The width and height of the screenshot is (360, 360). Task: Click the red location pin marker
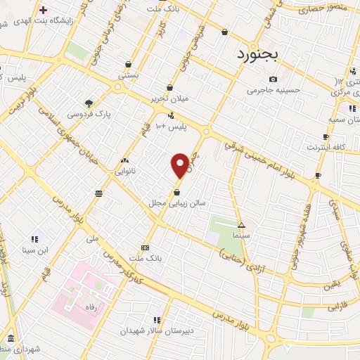coord(180,165)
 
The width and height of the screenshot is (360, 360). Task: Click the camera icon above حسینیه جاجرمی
coord(273,79)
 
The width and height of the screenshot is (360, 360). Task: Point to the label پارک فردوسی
coord(89,113)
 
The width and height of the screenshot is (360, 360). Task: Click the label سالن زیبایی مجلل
coord(176,202)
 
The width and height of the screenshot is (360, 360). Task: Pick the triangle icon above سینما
coord(242,226)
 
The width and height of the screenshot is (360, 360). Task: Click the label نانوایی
coord(127,171)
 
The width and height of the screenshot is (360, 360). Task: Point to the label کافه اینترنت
coord(326,147)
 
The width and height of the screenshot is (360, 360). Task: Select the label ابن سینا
coord(34,249)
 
